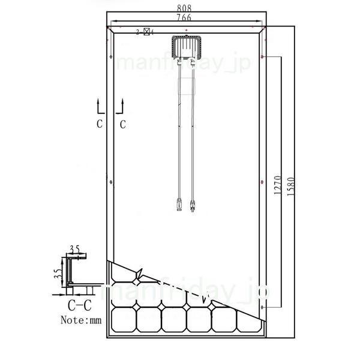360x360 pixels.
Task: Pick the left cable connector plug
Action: [179, 202]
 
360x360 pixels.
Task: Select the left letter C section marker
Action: [100, 125]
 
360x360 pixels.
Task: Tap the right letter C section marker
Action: [123, 125]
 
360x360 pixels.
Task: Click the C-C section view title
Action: [79, 304]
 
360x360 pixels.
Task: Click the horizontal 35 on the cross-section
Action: [74, 247]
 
